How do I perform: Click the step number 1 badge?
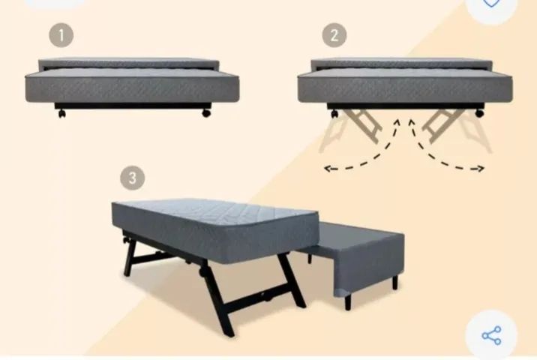61,35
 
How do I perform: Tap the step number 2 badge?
334,35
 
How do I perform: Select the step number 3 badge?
133,178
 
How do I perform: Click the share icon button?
491,335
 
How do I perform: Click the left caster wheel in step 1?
61,113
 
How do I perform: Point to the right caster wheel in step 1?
206,112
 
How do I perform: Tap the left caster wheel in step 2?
334,113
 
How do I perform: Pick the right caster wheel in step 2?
479,112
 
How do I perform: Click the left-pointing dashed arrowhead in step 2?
328,168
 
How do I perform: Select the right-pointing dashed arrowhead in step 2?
481,168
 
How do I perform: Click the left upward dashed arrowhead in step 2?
397,122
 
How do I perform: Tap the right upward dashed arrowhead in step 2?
412,122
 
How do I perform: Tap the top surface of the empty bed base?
356,232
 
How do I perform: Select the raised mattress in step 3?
216,230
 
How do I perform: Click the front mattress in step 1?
132,85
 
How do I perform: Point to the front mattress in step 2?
405,85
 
